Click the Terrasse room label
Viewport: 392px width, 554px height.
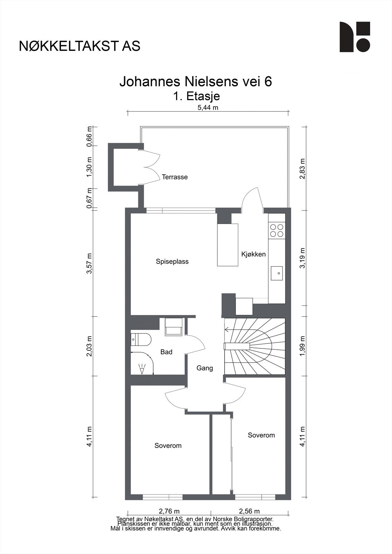(175, 177)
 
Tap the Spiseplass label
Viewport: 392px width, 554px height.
(172, 262)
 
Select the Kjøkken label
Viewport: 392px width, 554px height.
(253, 254)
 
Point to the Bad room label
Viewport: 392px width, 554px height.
(166, 352)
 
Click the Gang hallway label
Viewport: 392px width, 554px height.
(204, 368)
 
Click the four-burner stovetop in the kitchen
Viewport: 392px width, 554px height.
(277, 230)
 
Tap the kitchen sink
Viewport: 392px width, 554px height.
(277, 273)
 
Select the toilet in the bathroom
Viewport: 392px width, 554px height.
(141, 339)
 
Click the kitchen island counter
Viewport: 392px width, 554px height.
(228, 245)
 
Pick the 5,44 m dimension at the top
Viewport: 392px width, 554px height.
(208, 108)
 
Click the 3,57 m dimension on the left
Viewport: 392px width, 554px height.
(89, 263)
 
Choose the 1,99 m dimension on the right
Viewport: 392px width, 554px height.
(302, 346)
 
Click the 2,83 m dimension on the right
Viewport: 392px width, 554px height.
(302, 169)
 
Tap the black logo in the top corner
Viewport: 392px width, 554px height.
(355, 37)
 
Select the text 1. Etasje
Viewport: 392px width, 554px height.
(197, 96)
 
